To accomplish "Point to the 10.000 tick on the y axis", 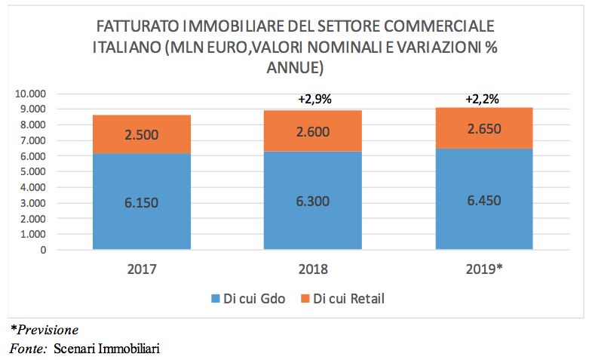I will click(30, 94).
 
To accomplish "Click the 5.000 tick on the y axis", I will click(33, 171).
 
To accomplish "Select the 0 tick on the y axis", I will click(44, 250).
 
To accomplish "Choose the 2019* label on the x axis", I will click(483, 269).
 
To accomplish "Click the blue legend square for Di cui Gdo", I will click(215, 299).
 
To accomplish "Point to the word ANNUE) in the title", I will click(296, 68).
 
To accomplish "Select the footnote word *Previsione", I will click(44, 330).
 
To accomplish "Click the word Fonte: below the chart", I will click(26, 349).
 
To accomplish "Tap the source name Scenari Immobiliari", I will click(107, 349).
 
